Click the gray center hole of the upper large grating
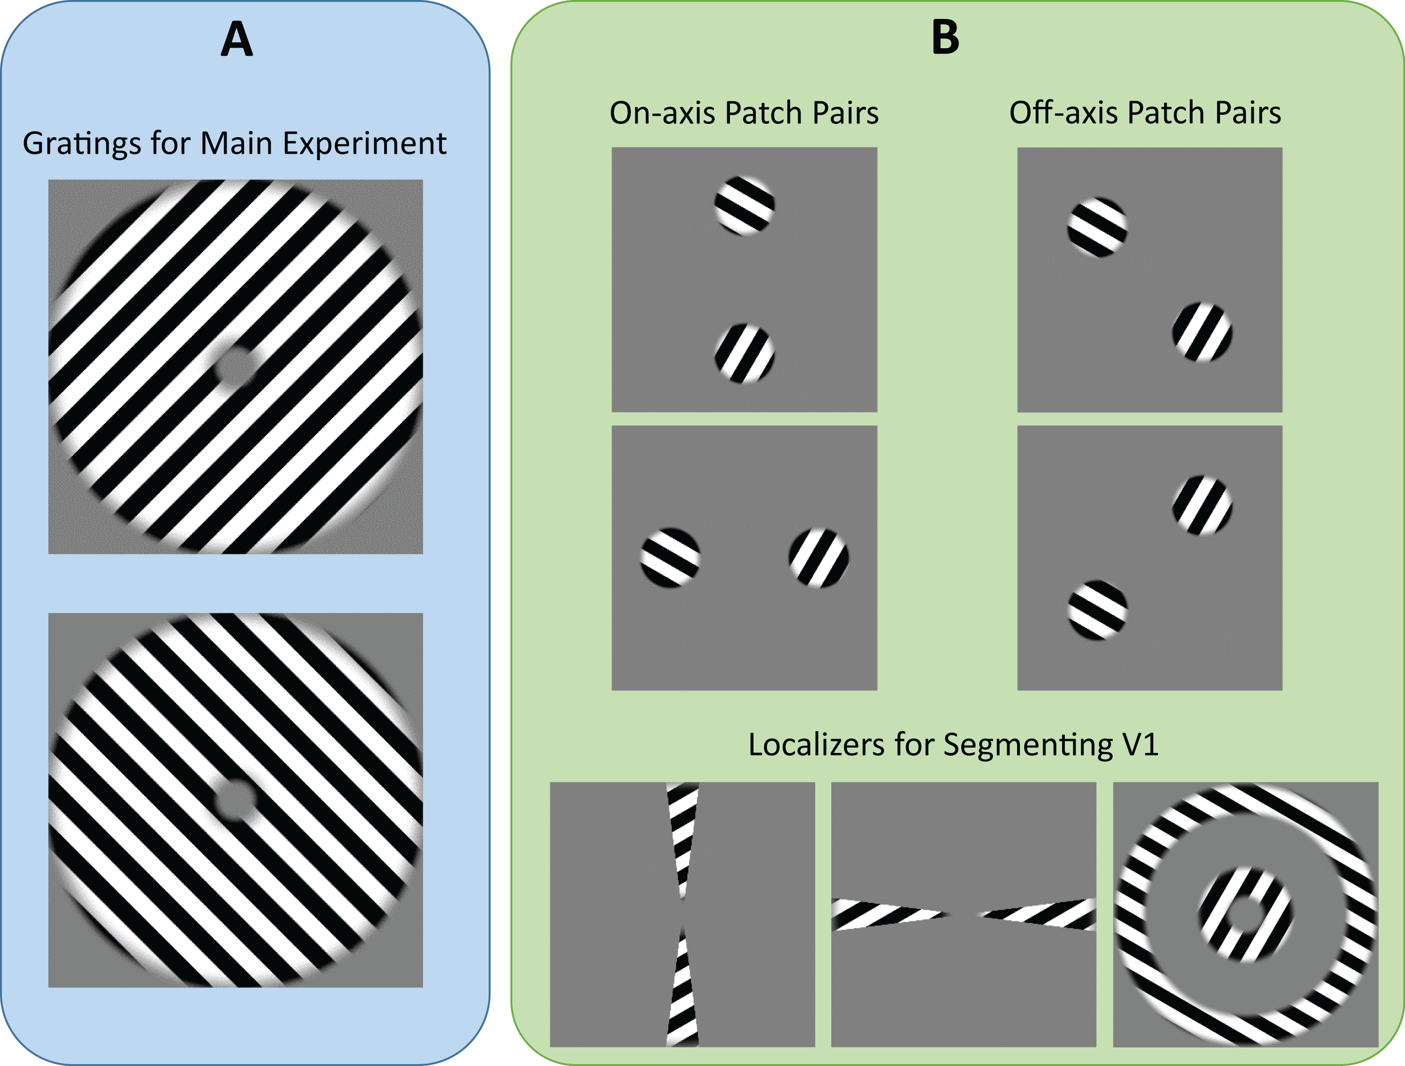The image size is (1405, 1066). pyautogui.click(x=236, y=367)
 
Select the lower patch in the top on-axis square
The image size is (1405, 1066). pyautogui.click(x=745, y=354)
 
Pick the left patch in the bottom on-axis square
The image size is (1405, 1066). pyautogui.click(x=670, y=558)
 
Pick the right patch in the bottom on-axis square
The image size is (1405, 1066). pyautogui.click(x=819, y=558)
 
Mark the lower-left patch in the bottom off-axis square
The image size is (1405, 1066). pyautogui.click(x=1097, y=610)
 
